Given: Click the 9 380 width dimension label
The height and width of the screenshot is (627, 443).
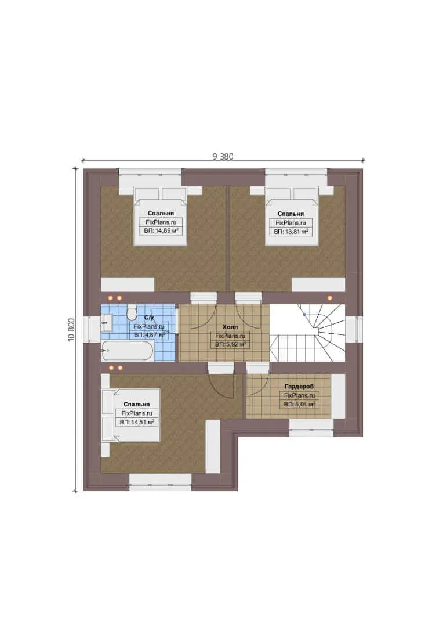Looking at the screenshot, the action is click(x=223, y=156).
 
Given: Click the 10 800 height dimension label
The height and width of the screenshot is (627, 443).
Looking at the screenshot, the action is click(x=71, y=330).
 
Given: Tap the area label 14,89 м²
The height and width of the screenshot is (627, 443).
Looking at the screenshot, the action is click(x=161, y=230).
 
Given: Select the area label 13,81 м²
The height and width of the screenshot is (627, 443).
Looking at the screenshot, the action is click(x=291, y=231).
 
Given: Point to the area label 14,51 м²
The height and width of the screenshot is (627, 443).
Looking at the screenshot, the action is click(x=137, y=422).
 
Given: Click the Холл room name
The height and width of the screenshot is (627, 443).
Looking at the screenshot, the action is click(x=230, y=327).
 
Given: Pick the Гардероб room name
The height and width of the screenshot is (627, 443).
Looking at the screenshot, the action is click(x=299, y=386).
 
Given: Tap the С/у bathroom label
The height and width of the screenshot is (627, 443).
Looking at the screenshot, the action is click(x=148, y=318).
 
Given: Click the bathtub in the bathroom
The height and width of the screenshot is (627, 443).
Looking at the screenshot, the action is click(x=127, y=351).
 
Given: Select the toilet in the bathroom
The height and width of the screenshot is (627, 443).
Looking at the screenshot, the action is click(x=132, y=312).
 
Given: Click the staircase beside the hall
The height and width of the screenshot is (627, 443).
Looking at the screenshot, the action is click(x=307, y=333).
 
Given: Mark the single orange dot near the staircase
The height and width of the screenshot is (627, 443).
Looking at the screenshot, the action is click(x=330, y=298).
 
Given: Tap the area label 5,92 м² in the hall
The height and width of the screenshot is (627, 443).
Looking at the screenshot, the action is click(x=231, y=344).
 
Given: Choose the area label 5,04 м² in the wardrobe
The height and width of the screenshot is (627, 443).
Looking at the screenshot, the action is click(x=299, y=404).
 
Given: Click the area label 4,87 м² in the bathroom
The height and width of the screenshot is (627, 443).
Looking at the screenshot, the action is click(x=150, y=335).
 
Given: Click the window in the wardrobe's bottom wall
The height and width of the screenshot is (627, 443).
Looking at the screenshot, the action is click(x=311, y=427).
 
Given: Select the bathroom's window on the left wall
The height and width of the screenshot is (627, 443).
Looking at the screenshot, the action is click(x=92, y=330).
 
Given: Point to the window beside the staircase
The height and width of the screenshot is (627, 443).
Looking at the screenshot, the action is click(x=354, y=330).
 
